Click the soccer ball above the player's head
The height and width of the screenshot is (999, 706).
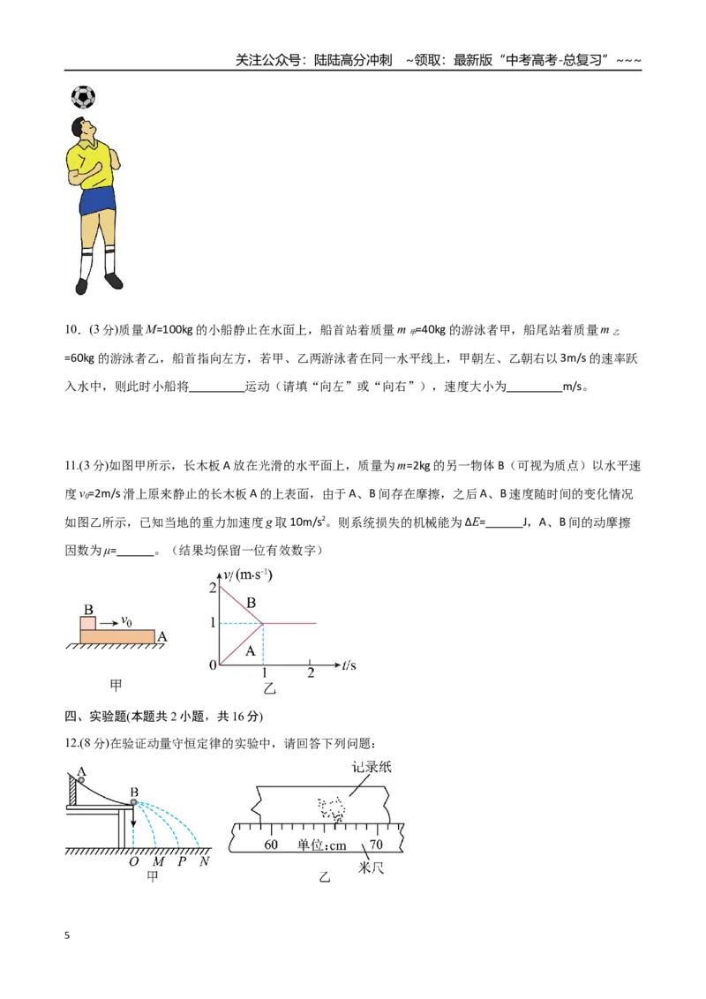click(x=83, y=97)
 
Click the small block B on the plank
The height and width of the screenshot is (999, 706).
click(x=88, y=622)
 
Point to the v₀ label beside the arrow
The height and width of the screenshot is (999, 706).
click(x=126, y=621)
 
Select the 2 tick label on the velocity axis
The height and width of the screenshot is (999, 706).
click(x=213, y=588)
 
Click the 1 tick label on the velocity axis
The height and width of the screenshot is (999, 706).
click(x=213, y=622)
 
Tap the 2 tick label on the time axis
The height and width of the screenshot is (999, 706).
click(x=311, y=673)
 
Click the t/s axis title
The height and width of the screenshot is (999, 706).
click(x=349, y=665)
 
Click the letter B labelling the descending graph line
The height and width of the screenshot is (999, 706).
click(x=251, y=602)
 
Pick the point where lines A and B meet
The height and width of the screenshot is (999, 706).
click(x=263, y=623)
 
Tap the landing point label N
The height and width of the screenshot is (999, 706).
click(x=204, y=861)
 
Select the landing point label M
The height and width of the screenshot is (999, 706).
click(x=159, y=861)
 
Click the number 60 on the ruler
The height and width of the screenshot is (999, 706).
click(x=271, y=845)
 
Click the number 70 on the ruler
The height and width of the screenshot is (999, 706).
click(x=376, y=845)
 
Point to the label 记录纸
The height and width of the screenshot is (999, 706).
click(x=372, y=766)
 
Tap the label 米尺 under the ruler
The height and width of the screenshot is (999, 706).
click(x=371, y=868)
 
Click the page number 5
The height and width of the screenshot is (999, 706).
click(x=67, y=935)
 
